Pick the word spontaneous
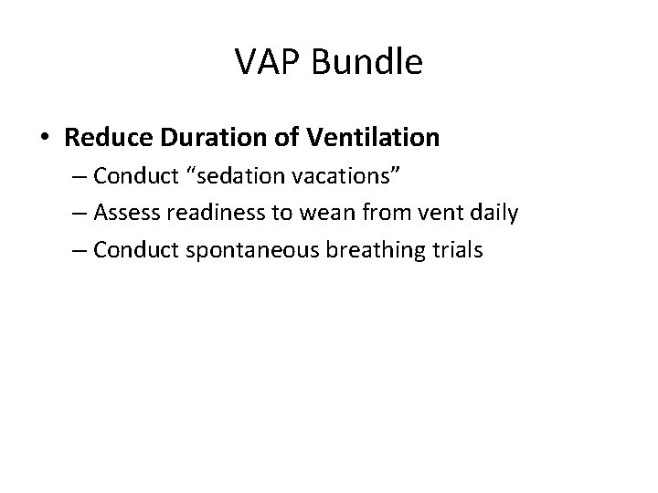pyautogui.click(x=239, y=250)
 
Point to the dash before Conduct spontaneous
pyautogui.click(x=76, y=250)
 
